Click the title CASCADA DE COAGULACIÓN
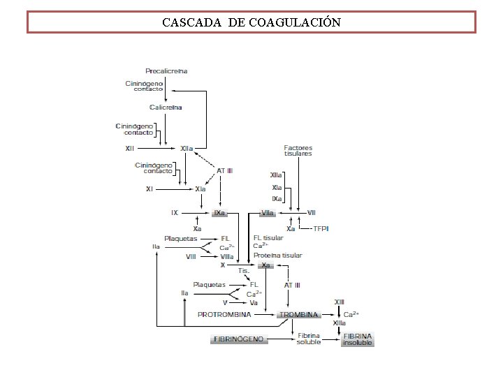(x=251, y=22)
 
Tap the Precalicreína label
(x=166, y=71)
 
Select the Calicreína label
(x=166, y=107)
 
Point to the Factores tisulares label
(x=298, y=151)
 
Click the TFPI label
(x=321, y=228)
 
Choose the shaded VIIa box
(x=267, y=212)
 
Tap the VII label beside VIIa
(x=312, y=212)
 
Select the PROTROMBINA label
(x=224, y=315)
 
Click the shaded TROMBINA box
(x=298, y=315)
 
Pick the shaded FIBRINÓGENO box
(x=238, y=339)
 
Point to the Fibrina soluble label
(x=309, y=339)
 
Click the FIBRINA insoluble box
(x=358, y=339)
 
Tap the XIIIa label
(x=340, y=323)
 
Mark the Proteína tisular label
(x=277, y=256)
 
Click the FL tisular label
(x=268, y=238)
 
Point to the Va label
(x=254, y=303)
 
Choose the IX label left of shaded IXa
(x=175, y=212)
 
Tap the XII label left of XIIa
(x=130, y=148)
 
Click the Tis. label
(x=244, y=270)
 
